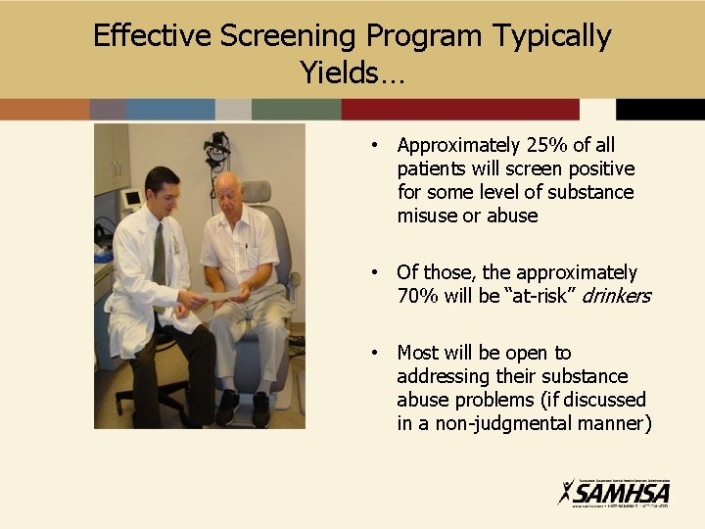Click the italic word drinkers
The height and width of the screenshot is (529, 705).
(x=617, y=296)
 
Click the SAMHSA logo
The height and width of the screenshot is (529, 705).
(x=614, y=492)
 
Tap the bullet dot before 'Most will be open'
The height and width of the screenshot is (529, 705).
(x=375, y=353)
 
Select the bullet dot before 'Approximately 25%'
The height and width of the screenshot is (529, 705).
(x=375, y=146)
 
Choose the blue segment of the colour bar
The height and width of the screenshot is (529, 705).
(x=169, y=109)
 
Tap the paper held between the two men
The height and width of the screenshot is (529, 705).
(x=222, y=294)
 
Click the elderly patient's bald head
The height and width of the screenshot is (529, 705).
(x=226, y=181)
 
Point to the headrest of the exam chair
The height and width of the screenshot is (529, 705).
(x=258, y=191)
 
